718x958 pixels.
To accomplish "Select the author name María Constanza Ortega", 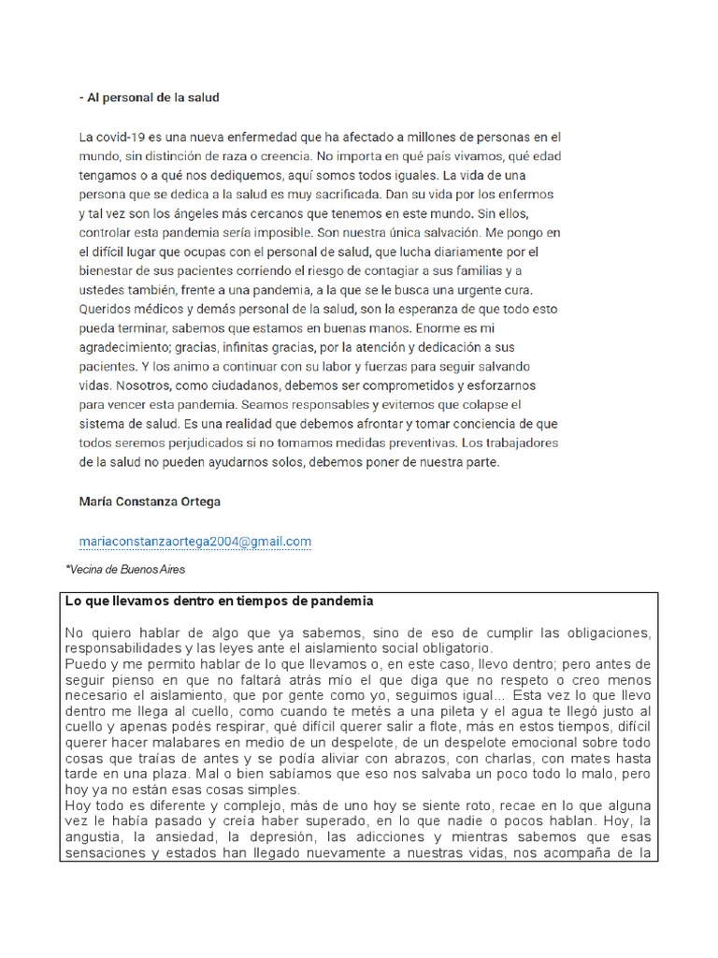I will tap(150, 501).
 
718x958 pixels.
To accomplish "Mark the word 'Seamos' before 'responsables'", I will tap(264, 406).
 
